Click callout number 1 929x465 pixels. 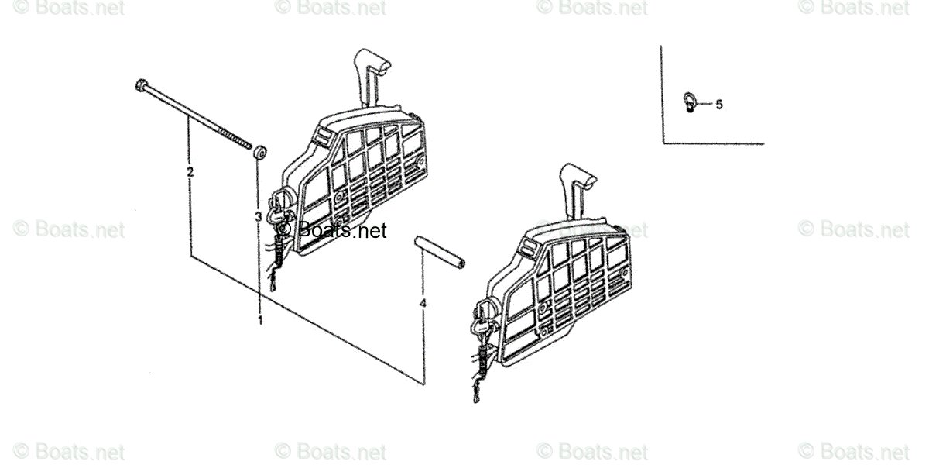click(260, 319)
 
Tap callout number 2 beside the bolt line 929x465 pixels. click(190, 171)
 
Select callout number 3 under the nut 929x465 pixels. click(259, 218)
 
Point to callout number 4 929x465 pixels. click(423, 304)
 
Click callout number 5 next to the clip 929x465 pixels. click(718, 104)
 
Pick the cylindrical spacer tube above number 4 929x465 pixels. click(440, 253)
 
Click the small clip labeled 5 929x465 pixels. click(687, 101)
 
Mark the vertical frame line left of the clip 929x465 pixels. click(662, 93)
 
